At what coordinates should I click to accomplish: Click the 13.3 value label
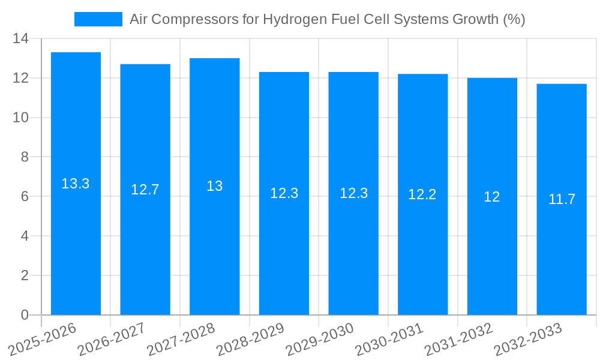click(76, 184)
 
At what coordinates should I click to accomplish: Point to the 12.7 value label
click(145, 190)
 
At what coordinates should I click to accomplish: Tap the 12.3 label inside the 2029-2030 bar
click(353, 193)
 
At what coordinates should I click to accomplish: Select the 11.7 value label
click(562, 199)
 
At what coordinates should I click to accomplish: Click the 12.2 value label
click(422, 194)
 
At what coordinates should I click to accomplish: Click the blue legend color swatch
click(98, 19)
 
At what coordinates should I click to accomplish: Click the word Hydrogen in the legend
click(295, 19)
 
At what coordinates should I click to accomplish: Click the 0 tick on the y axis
click(25, 315)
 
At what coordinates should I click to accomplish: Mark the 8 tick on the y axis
click(25, 157)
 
